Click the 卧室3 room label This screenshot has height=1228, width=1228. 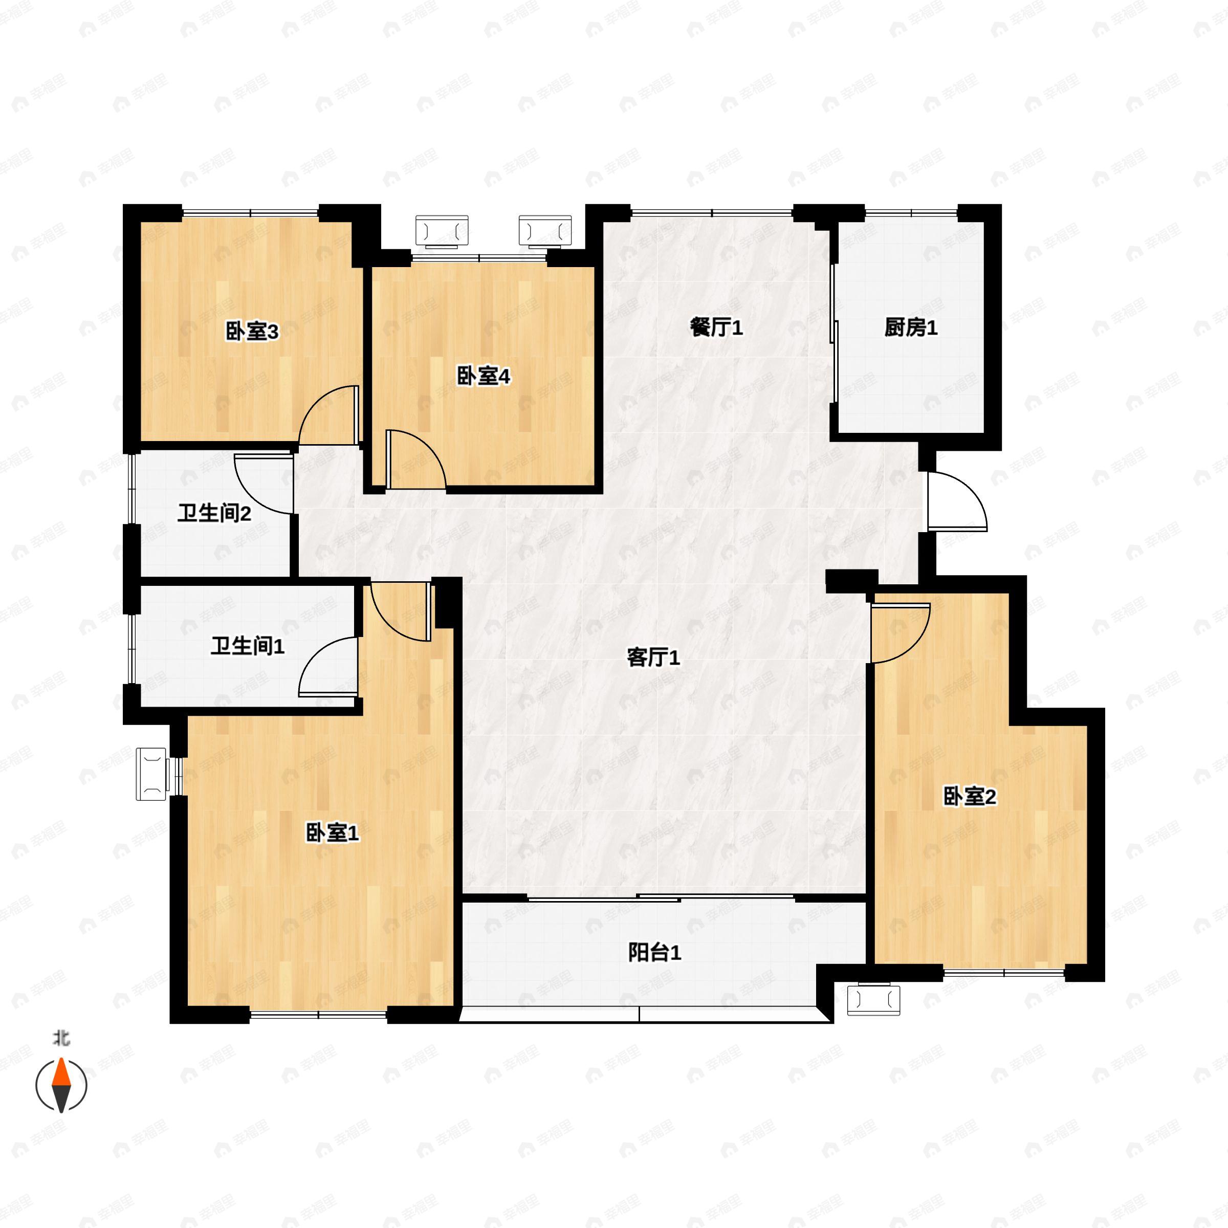pyautogui.click(x=252, y=331)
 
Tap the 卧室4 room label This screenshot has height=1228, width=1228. pyautogui.click(x=483, y=376)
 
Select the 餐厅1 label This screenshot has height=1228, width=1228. pyautogui.click(x=716, y=328)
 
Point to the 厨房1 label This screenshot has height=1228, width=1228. pyautogui.click(x=911, y=328)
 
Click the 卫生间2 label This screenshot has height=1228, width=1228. pyautogui.click(x=214, y=513)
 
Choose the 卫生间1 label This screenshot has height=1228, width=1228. pyautogui.click(x=247, y=646)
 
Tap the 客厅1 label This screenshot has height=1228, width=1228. pyautogui.click(x=653, y=657)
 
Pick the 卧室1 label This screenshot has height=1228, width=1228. pyautogui.click(x=333, y=832)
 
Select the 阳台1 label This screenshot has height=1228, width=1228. pyautogui.click(x=655, y=953)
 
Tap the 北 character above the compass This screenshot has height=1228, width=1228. pyautogui.click(x=61, y=1039)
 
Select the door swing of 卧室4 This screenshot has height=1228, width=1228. pyautogui.click(x=415, y=459)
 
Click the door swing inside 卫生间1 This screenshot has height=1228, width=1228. pyautogui.click(x=327, y=667)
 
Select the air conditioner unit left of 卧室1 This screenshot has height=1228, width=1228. pyautogui.click(x=151, y=773)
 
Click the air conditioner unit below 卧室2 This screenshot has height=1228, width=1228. pyautogui.click(x=874, y=1000)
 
